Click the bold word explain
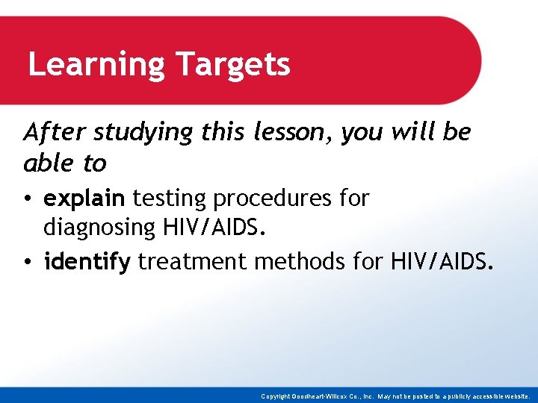click(x=84, y=199)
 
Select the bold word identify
click(x=87, y=262)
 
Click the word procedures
click(x=270, y=199)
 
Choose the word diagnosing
click(x=100, y=227)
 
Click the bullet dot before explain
click(x=28, y=199)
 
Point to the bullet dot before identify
click(x=28, y=263)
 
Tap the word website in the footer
click(x=517, y=396)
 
